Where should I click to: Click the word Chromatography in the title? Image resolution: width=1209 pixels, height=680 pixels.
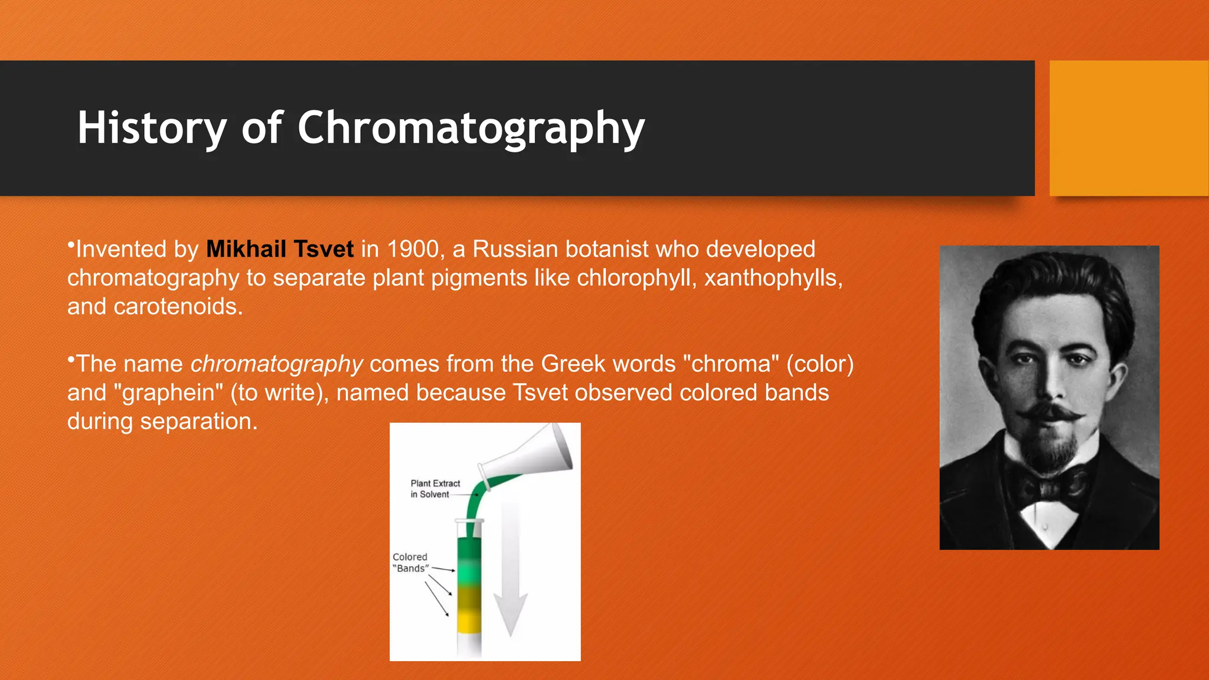470,127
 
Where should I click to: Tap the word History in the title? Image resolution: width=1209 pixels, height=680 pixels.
152,127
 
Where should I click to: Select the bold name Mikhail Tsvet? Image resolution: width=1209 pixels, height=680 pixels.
280,249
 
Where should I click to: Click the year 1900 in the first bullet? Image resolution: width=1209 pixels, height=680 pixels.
413,249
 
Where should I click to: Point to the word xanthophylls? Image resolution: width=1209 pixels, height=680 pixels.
773,278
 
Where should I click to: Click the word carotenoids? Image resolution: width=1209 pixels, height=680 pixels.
178,307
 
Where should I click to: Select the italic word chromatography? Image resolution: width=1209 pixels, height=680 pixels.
276,364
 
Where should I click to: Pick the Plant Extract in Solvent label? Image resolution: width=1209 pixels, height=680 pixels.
435,489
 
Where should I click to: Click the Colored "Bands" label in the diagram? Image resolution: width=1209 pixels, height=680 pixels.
410,563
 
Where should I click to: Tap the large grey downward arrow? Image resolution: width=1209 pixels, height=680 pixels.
510,578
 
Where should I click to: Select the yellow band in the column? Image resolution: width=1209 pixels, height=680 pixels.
470,621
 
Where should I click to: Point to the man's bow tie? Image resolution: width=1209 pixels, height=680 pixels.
1050,488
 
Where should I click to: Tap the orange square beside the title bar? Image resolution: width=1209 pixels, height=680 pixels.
1129,128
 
